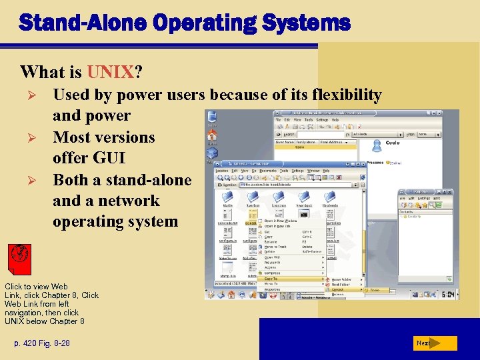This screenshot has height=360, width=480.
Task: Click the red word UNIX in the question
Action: [109, 71]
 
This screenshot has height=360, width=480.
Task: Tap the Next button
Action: [434, 343]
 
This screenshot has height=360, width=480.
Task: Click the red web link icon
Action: [21, 257]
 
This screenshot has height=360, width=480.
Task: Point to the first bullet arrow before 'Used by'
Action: [27, 95]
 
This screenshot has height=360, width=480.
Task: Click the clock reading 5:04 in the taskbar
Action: [448, 294]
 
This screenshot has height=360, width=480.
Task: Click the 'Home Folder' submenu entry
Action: [344, 279]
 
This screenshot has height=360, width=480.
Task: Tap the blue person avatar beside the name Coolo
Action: [377, 145]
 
